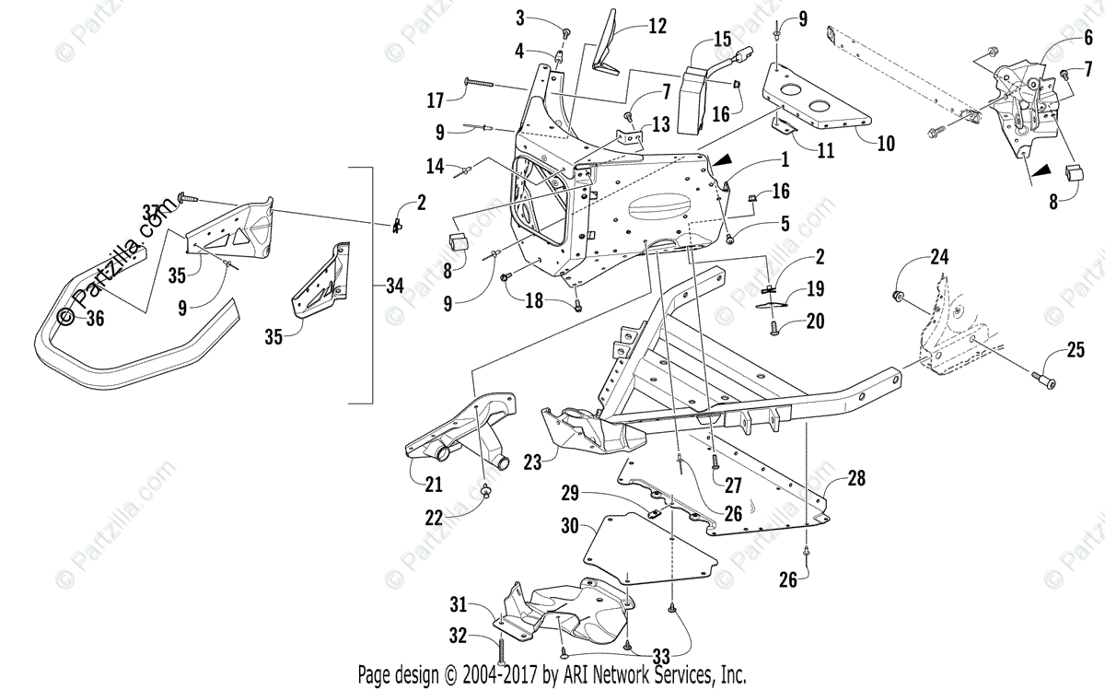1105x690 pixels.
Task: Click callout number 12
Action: pyautogui.click(x=657, y=27)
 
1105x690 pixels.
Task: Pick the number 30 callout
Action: pyautogui.click(x=569, y=526)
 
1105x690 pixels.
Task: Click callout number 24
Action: pyautogui.click(x=938, y=258)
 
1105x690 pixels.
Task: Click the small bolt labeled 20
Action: pyautogui.click(x=774, y=325)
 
